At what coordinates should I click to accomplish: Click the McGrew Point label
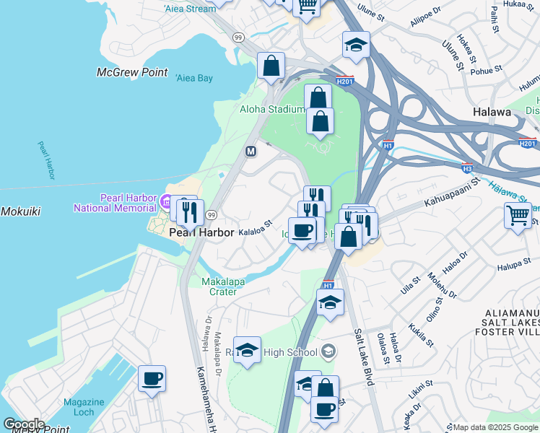[x=132, y=73]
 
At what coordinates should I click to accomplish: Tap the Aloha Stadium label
[x=272, y=109]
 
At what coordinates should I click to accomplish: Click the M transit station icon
[x=251, y=152]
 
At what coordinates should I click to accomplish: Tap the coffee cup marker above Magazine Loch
[x=152, y=379]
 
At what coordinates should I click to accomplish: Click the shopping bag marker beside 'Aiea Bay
[x=271, y=66]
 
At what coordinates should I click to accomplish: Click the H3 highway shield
[x=467, y=167]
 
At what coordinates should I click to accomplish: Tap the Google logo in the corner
[x=24, y=424]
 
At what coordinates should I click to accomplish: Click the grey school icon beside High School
[x=328, y=351]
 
